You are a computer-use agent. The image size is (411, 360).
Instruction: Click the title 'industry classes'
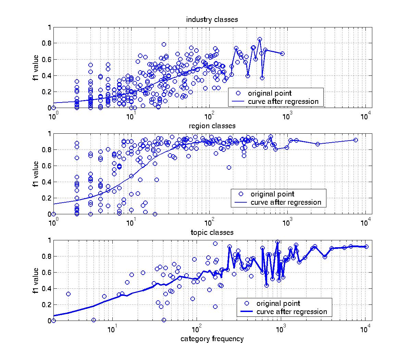(212, 20)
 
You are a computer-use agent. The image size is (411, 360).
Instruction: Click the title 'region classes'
(212, 126)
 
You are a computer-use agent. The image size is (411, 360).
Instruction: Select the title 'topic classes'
(212, 232)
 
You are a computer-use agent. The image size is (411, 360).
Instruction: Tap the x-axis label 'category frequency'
(212, 339)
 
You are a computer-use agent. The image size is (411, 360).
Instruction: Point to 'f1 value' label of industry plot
(35, 67)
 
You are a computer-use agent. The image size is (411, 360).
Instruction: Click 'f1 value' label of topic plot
(35, 280)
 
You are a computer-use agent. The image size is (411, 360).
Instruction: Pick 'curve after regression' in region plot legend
(286, 202)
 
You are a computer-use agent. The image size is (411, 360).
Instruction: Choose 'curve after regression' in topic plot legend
(291, 312)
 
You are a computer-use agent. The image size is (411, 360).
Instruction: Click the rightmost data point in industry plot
(282, 53)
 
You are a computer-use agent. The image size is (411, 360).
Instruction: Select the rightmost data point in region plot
(356, 140)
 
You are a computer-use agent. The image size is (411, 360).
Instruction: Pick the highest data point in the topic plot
(278, 242)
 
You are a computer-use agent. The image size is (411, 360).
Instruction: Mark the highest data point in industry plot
(260, 39)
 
